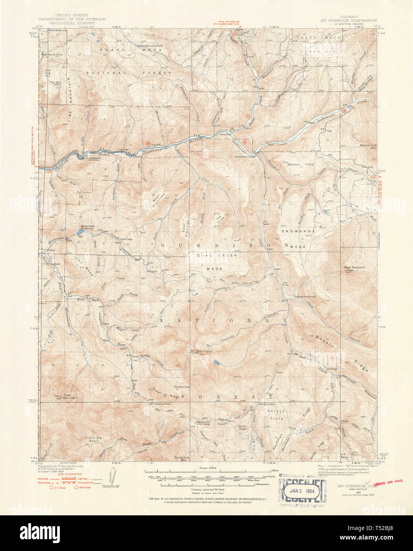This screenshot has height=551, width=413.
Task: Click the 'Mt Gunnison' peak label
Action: [x=202, y=351]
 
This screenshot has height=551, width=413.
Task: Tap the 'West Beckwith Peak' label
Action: [x=354, y=269]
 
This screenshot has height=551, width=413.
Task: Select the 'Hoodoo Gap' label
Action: [x=182, y=386]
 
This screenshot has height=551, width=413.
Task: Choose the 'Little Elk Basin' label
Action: [x=94, y=439]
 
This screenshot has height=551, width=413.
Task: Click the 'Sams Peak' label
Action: [x=242, y=427]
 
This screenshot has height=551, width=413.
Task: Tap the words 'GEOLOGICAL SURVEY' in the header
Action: [x=72, y=23]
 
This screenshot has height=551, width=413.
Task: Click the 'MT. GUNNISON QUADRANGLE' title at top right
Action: [x=349, y=20]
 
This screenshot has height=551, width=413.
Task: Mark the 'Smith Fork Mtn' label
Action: [x=183, y=459]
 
